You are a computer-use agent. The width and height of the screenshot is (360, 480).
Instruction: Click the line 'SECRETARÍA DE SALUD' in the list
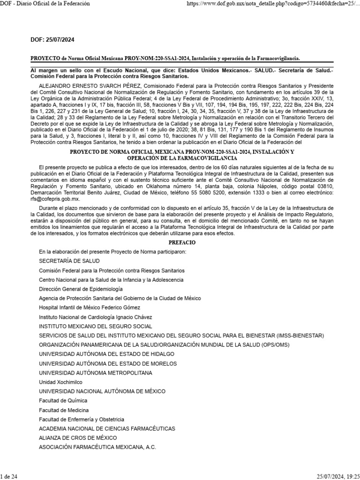pos(69,261)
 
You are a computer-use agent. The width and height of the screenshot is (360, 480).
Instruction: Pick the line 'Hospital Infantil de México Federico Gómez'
pos(89,307)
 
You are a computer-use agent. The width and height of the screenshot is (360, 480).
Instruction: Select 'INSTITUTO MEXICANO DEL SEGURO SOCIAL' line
pos(95,326)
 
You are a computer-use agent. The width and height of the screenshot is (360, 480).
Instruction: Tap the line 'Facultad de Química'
pos(63,400)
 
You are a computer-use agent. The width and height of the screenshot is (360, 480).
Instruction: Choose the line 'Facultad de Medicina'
pos(64,410)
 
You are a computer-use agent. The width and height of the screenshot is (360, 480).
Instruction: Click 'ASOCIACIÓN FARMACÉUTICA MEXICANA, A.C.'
pos(98,447)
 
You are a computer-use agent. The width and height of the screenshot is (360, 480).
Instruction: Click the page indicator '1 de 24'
pos(9,476)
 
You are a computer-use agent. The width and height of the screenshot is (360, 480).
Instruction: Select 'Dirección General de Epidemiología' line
pos(81,289)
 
